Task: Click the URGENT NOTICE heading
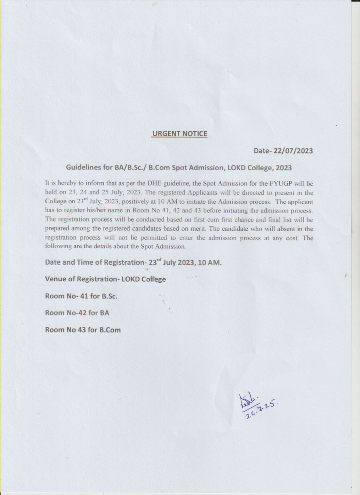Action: pyautogui.click(x=180, y=134)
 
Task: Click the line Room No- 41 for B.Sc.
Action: pyautogui.click(x=81, y=296)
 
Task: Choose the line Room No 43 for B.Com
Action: pyautogui.click(x=83, y=329)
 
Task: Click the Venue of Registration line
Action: pyautogui.click(x=105, y=279)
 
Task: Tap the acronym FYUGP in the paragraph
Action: pyautogui.click(x=276, y=184)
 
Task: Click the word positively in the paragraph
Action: pyautogui.click(x=144, y=202)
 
